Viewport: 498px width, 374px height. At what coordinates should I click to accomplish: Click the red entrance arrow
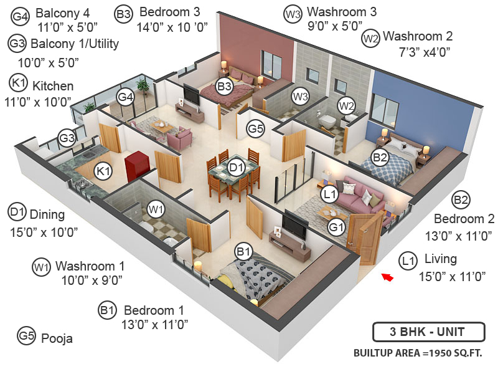pyautogui.click(x=388, y=277)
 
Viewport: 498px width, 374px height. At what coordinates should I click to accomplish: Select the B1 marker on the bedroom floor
pyautogui.click(x=243, y=252)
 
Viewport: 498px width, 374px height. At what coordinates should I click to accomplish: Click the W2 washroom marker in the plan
pyautogui.click(x=346, y=105)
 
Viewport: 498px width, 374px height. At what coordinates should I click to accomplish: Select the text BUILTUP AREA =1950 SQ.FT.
pyautogui.click(x=418, y=353)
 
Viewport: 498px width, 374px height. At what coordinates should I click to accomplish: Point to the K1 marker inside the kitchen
pyautogui.click(x=103, y=170)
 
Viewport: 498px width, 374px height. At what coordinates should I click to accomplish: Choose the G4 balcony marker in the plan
pyautogui.click(x=126, y=97)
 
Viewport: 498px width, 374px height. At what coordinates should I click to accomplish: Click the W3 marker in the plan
pyautogui.click(x=301, y=97)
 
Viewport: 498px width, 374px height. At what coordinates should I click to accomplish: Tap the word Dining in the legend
pyautogui.click(x=47, y=214)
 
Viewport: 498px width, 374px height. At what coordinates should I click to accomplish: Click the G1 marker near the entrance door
pyautogui.click(x=337, y=227)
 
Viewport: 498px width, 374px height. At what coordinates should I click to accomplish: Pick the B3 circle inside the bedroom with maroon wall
pyautogui.click(x=225, y=87)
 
